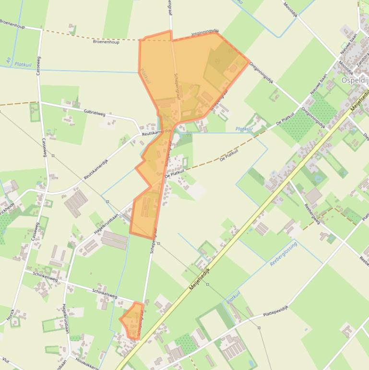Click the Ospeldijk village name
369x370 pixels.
tap(355, 80)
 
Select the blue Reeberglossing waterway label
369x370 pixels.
tap(284, 254)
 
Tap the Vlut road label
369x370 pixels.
tap(6, 359)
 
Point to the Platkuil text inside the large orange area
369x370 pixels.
tap(145, 76)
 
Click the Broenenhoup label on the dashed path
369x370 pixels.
tap(106, 42)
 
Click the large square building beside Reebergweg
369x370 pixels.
tap(313, 195)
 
